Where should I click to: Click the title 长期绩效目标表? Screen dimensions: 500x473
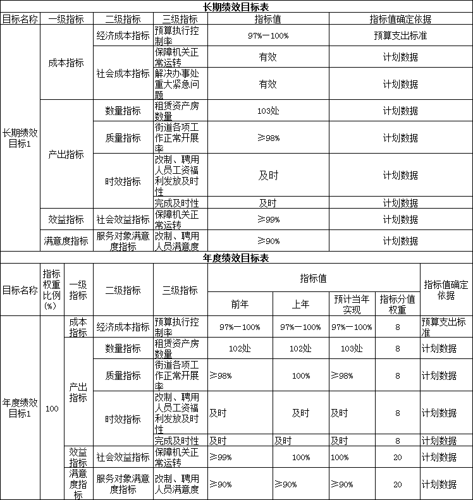click(236, 7)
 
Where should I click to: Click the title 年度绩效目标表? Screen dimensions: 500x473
click(236, 259)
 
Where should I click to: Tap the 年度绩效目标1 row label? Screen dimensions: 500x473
click(20, 408)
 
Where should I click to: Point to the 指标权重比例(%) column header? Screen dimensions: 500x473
click(52, 289)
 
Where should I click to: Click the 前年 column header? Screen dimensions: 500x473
click(240, 304)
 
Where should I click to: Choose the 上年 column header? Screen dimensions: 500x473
click(300, 304)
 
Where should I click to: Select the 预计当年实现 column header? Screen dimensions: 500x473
click(352, 304)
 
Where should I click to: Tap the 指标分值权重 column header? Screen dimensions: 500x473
click(397, 304)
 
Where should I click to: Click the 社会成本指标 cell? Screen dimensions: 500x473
click(123, 73)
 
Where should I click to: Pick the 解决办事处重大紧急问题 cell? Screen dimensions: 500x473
click(180, 84)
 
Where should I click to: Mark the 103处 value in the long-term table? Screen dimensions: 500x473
click(268, 111)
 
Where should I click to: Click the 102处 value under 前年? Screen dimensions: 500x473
click(240, 348)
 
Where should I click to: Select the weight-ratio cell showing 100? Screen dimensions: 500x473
click(52, 408)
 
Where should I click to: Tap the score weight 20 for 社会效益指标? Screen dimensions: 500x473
click(397, 457)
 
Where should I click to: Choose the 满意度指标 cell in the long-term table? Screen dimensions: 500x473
click(66, 241)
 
